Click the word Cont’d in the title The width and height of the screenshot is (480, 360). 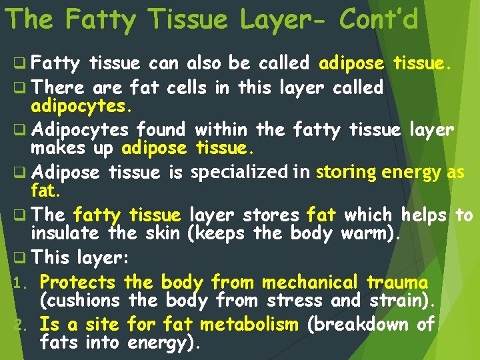[379, 20]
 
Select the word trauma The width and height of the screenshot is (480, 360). [397, 282]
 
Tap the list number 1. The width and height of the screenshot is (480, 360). [18, 283]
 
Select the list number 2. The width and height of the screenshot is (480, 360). [19, 326]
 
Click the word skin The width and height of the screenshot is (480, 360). [162, 233]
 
